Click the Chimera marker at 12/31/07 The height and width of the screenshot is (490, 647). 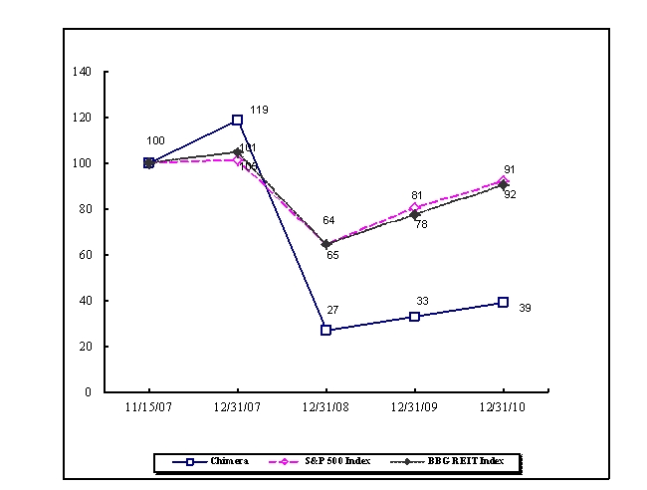coord(237,120)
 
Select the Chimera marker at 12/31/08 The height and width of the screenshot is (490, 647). coord(325,330)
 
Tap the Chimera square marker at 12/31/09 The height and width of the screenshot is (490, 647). coord(414,317)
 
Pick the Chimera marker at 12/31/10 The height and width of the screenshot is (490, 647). coord(503,302)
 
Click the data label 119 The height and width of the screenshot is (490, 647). coord(260,110)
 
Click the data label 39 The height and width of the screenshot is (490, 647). coord(526,309)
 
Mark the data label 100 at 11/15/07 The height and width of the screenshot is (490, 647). coord(155,141)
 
